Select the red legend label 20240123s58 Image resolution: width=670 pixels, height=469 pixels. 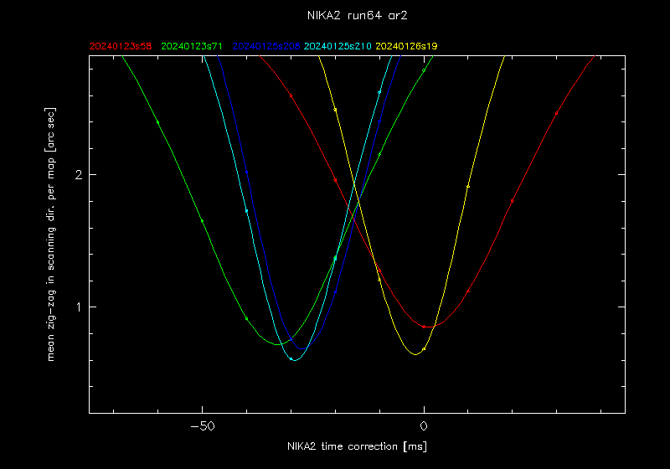click(x=121, y=46)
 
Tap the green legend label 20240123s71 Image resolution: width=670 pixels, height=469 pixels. click(x=193, y=46)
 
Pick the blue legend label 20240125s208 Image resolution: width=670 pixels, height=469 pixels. click(x=266, y=46)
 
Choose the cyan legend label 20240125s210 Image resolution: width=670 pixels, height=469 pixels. click(x=338, y=46)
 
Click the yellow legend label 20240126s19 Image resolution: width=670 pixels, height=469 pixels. click(x=407, y=46)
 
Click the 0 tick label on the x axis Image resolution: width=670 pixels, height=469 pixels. click(x=425, y=425)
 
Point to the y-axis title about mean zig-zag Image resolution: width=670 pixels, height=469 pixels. click(x=52, y=234)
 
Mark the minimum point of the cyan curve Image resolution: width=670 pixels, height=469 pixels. click(x=294, y=360)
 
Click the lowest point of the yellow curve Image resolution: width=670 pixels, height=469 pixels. click(x=415, y=354)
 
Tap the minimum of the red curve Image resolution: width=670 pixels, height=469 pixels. click(x=430, y=327)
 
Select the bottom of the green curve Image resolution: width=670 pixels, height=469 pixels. click(x=277, y=344)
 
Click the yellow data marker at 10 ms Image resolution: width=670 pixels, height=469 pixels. click(x=468, y=186)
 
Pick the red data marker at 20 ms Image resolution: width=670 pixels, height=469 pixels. click(x=513, y=201)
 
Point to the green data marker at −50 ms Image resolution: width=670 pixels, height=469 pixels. click(x=203, y=220)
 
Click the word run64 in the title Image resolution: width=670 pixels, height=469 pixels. click(x=360, y=15)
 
